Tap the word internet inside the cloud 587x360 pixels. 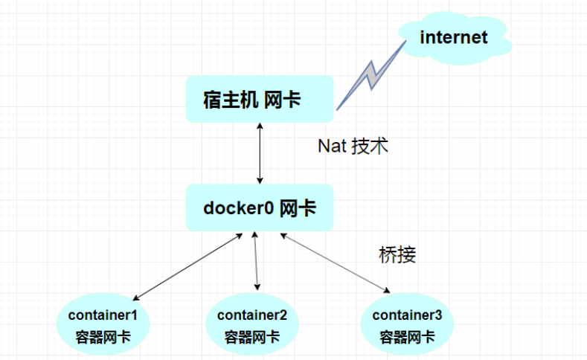(454, 37)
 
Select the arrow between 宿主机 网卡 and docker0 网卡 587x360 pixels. (260, 155)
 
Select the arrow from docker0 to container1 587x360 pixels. (190, 266)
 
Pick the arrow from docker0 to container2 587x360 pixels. (257, 260)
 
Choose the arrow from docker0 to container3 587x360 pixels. (336, 263)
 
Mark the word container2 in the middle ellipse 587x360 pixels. (252, 315)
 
